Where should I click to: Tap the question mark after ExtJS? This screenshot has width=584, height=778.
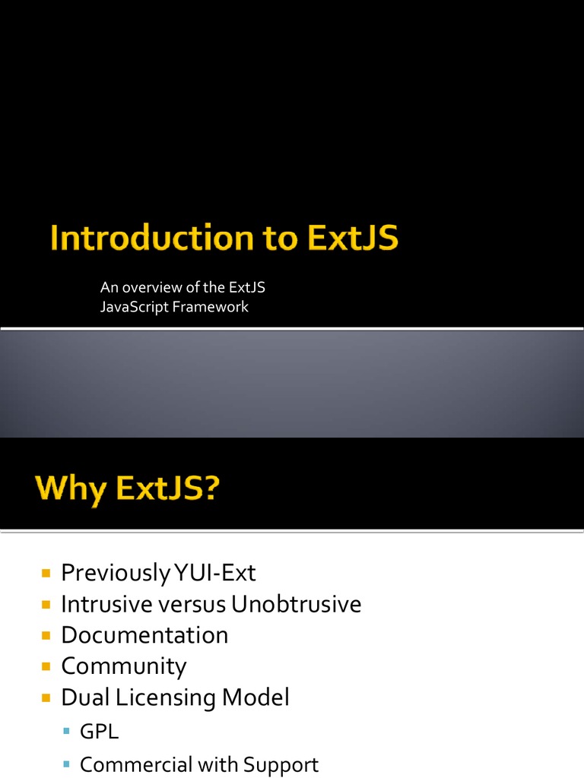pos(209,487)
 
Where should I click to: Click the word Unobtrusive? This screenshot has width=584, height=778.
pos(297,604)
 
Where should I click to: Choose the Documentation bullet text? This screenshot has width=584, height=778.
pos(144,635)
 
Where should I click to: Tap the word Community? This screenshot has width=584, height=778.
pos(124,666)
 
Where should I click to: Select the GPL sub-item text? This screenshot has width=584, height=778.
pos(100,732)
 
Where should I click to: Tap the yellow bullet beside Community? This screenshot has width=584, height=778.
pos(46,666)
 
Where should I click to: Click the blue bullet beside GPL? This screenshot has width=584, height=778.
pos(67,732)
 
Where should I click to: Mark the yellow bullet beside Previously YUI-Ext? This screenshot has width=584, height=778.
pos(46,571)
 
